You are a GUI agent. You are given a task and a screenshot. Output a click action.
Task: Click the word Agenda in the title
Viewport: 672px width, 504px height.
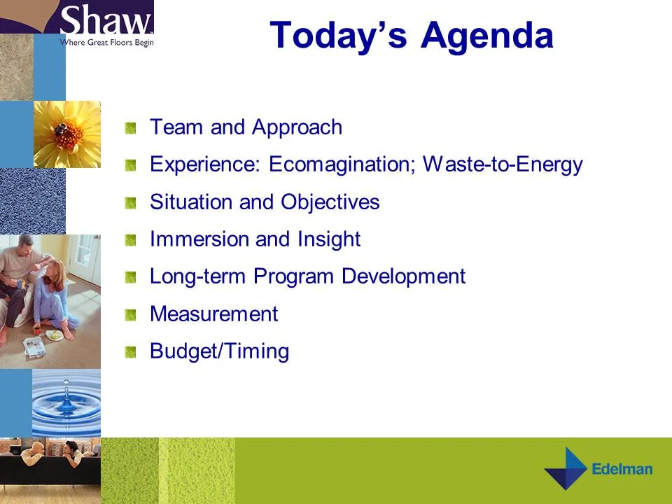pos(486,35)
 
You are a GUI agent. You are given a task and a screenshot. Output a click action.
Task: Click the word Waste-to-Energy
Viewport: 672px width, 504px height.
pos(503,164)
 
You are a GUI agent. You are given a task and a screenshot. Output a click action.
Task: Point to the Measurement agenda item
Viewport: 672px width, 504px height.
pos(213,314)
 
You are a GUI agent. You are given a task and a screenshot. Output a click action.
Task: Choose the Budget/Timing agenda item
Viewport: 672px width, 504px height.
pos(219,351)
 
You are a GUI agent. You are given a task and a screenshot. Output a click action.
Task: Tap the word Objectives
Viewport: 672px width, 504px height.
pos(330,202)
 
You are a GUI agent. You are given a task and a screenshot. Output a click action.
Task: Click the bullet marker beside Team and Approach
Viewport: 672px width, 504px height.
pos(130,128)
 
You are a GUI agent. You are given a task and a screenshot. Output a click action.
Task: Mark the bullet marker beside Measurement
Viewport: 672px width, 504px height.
pos(130,315)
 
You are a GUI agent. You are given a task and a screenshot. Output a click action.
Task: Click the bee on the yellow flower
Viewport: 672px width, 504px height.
pos(63,129)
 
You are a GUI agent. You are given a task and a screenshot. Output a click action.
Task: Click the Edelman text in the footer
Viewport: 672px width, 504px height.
pos(622,469)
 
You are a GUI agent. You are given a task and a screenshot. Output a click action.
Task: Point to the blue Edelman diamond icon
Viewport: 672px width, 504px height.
pos(566,469)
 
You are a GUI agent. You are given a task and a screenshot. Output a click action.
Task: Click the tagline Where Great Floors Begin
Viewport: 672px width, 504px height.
pos(106,42)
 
